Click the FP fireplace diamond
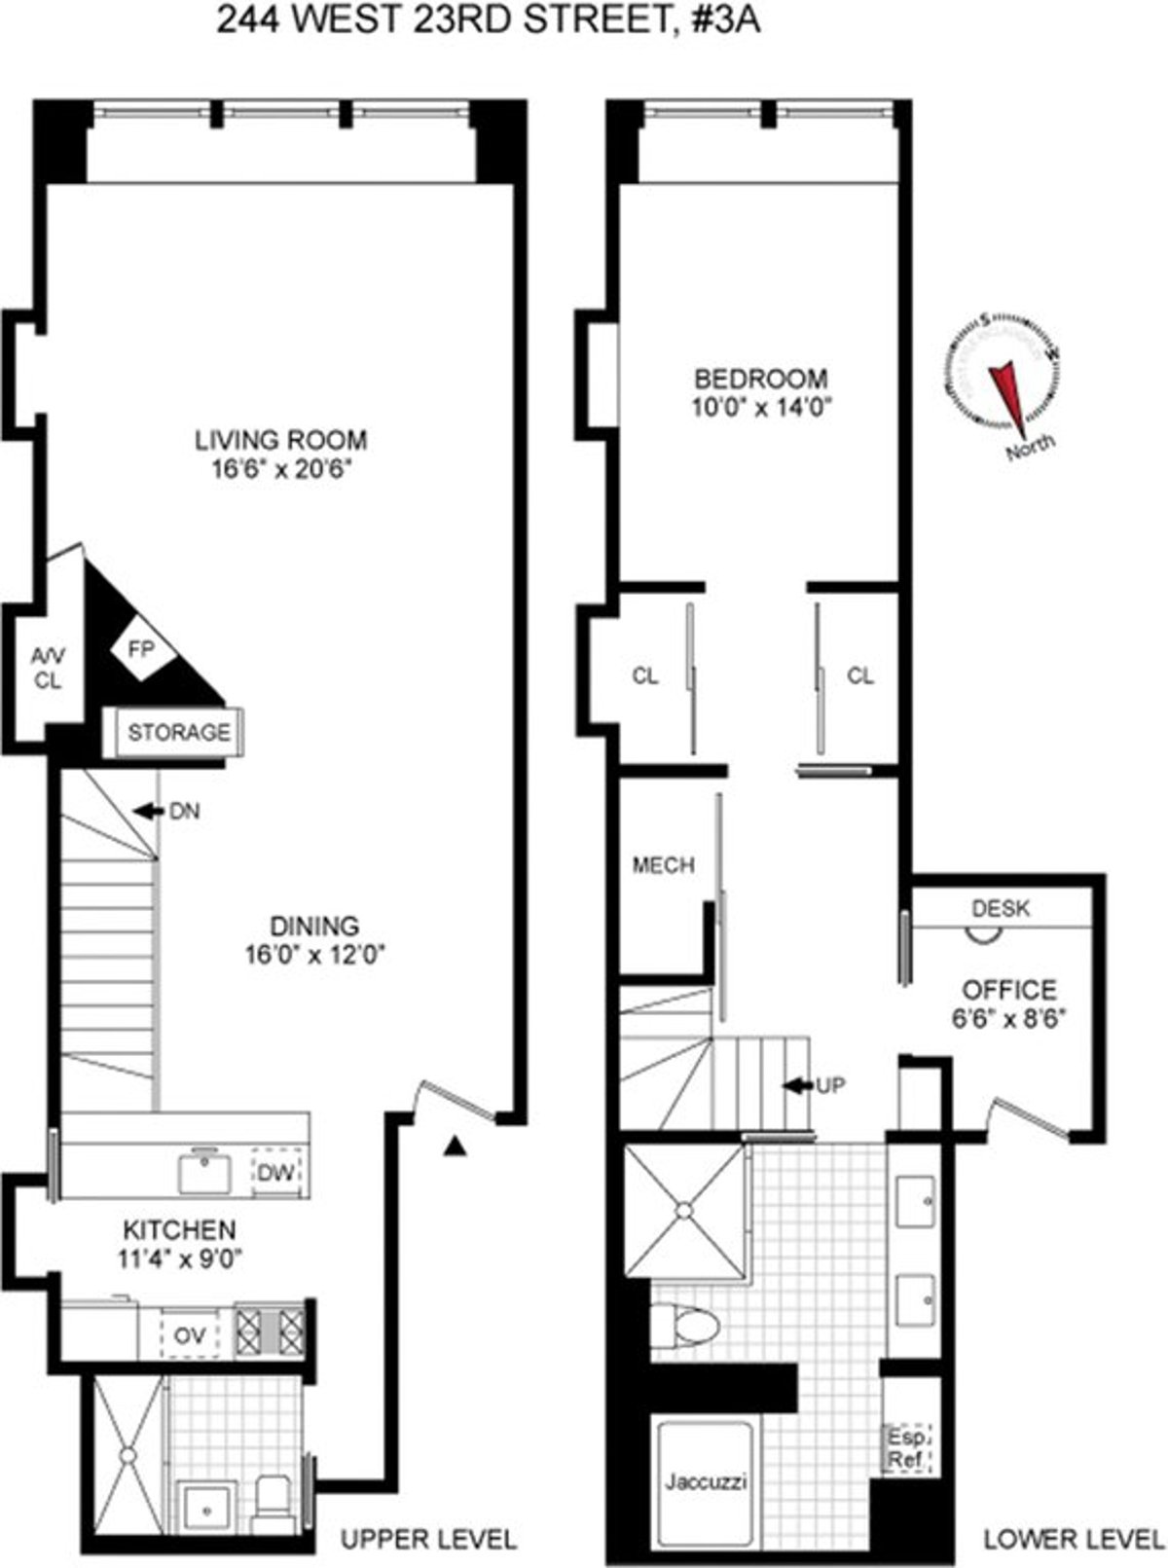point(141,649)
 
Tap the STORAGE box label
point(179,732)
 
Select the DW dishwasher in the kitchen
point(275,1173)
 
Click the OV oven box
point(190,1336)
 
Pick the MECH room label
point(663,864)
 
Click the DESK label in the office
point(1001,909)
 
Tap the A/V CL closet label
point(47,668)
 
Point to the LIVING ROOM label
point(281,440)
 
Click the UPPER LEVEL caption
point(428,1539)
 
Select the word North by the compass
point(1030,450)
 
